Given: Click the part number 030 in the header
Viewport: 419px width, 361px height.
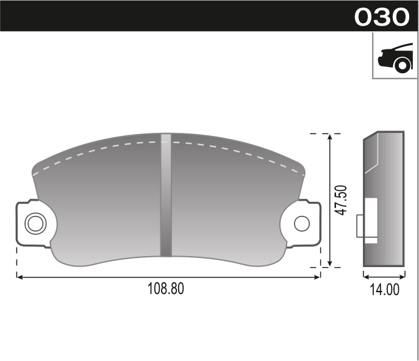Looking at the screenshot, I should pyautogui.click(x=382, y=16).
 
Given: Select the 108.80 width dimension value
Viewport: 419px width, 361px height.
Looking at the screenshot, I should pyautogui.click(x=166, y=288).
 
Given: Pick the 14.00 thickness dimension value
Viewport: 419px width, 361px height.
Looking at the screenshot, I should pyautogui.click(x=384, y=290).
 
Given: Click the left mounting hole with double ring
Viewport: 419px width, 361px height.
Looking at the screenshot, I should pyautogui.click(x=35, y=223).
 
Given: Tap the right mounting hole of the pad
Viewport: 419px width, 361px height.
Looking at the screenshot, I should pyautogui.click(x=301, y=223).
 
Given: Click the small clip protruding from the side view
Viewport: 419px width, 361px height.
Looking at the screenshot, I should pyautogui.click(x=360, y=226).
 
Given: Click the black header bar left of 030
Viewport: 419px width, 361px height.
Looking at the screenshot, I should pyautogui.click(x=171, y=16).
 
